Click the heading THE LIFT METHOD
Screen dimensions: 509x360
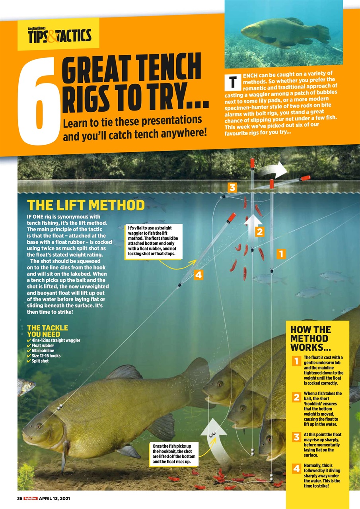click(86, 205)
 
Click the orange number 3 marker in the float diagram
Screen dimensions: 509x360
click(233, 187)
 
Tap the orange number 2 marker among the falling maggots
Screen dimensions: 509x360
click(260, 232)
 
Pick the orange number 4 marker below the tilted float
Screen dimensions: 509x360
click(198, 274)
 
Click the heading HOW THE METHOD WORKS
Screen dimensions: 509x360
click(310, 338)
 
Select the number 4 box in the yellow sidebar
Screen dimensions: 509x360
click(296, 469)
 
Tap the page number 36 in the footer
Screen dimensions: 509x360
click(19, 499)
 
